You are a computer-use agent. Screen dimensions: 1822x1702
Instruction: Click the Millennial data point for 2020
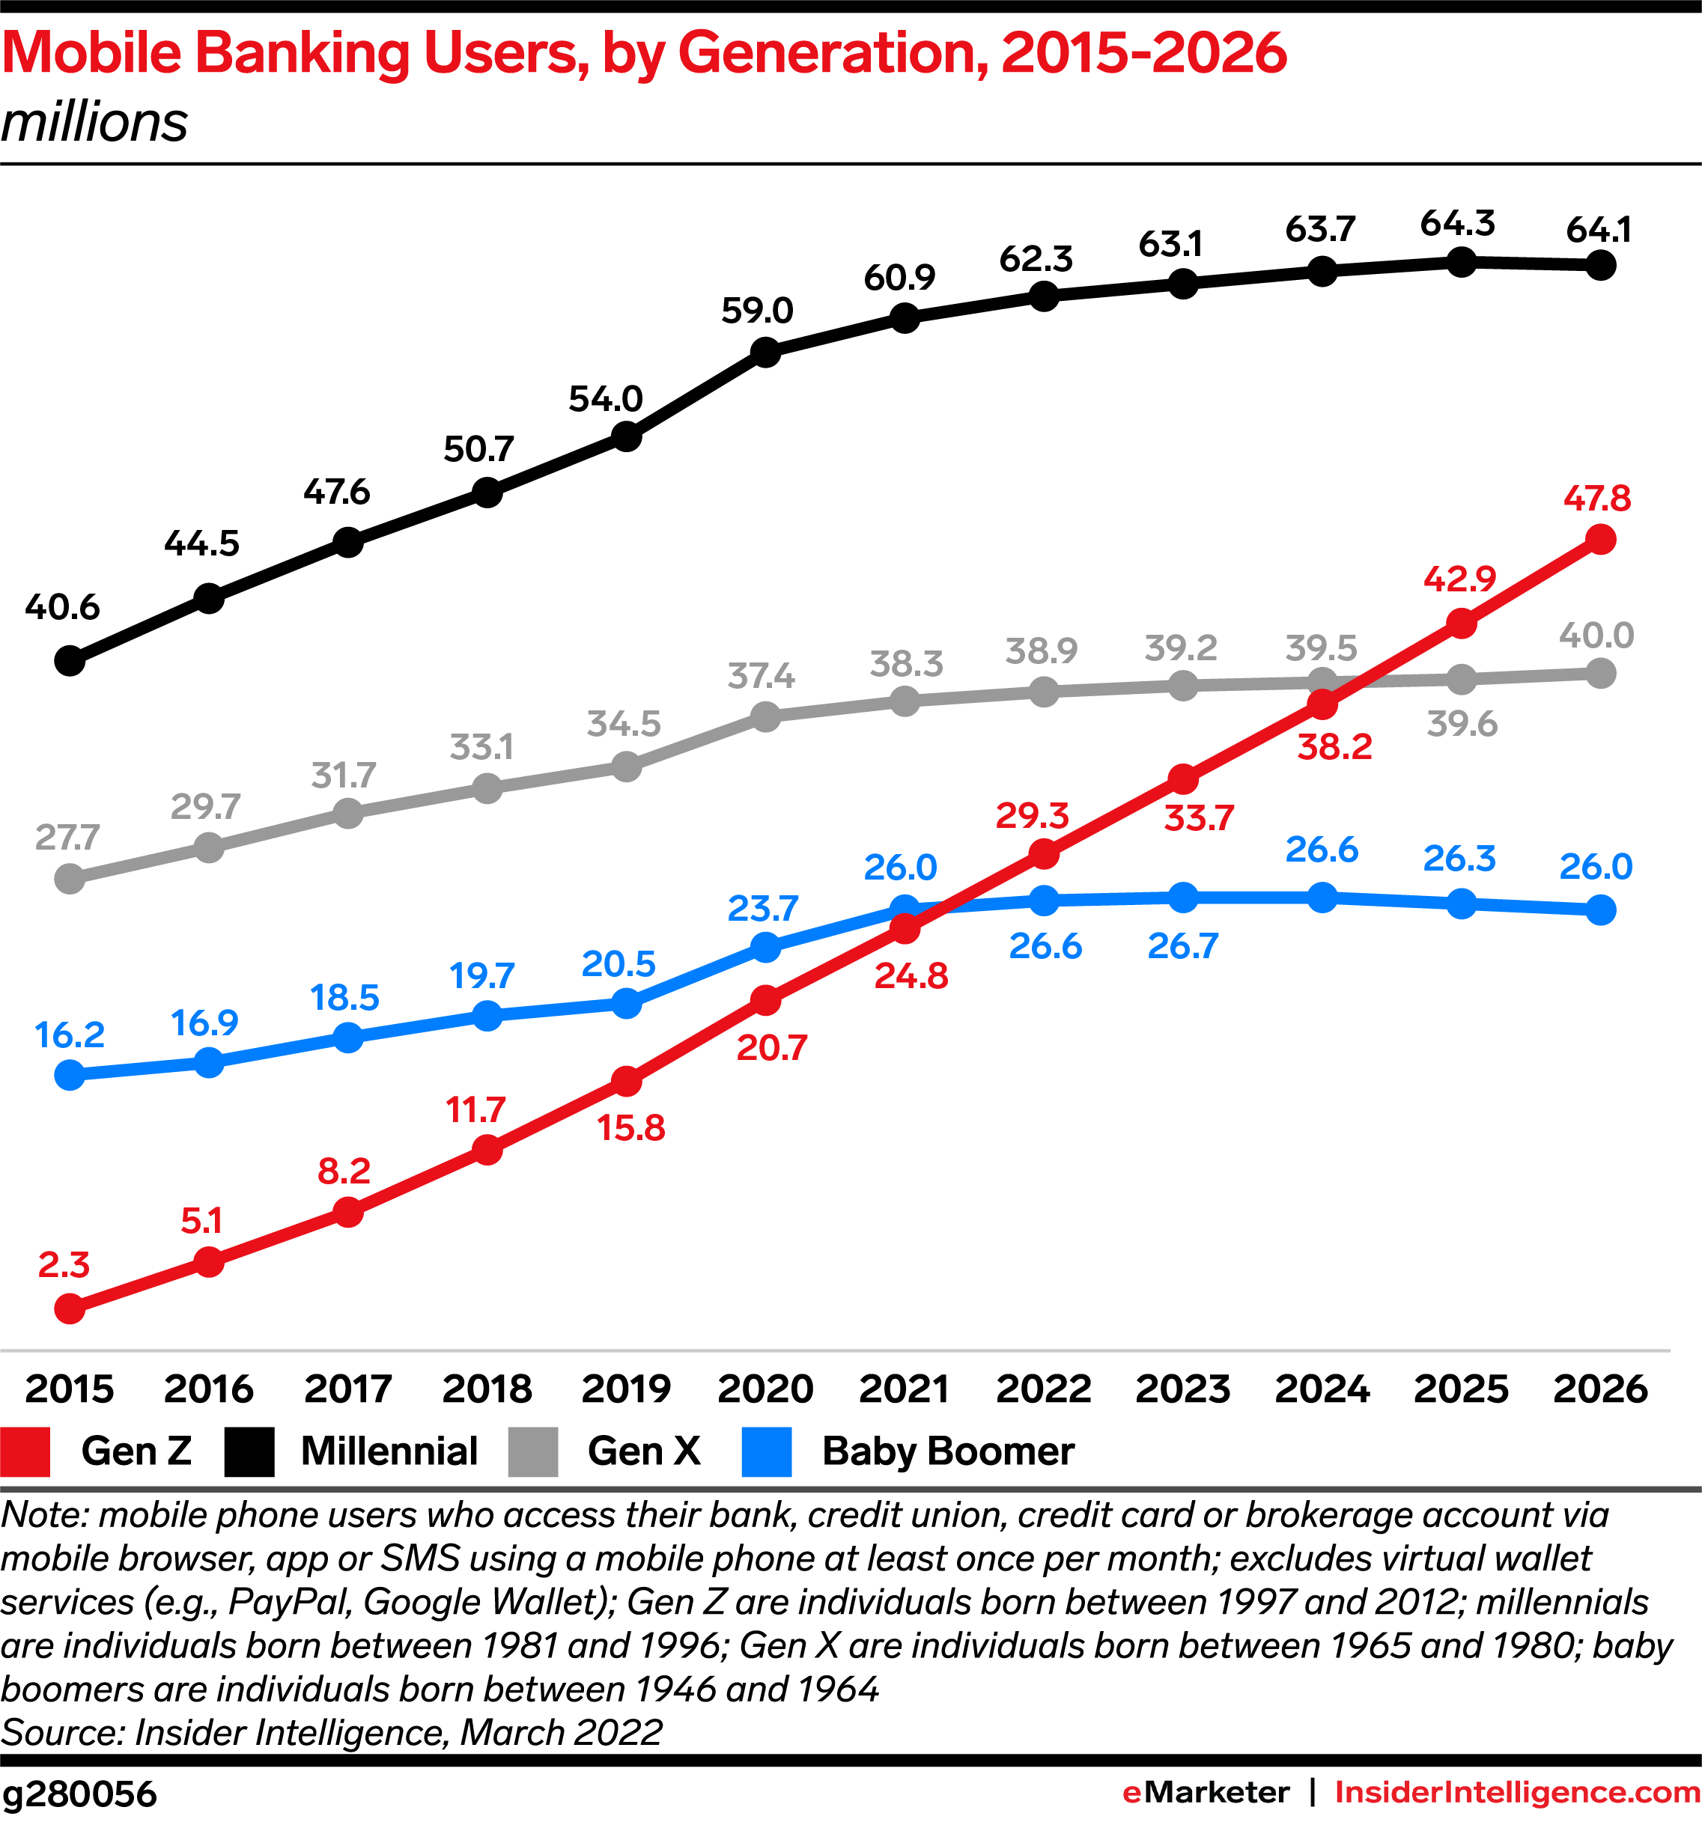click(765, 352)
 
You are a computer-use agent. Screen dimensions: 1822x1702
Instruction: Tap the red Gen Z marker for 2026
click(1600, 539)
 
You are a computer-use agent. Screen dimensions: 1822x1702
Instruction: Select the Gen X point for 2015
click(70, 879)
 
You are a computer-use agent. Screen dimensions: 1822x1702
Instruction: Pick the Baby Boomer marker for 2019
click(626, 1004)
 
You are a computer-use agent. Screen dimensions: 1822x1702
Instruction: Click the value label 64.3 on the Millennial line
click(1457, 223)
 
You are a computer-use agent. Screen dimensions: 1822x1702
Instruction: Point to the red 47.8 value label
click(1596, 498)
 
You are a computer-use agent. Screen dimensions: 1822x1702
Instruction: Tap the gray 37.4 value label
click(761, 677)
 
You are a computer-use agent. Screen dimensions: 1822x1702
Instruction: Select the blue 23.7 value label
click(762, 908)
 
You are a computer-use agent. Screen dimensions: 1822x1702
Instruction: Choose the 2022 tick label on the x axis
click(1043, 1389)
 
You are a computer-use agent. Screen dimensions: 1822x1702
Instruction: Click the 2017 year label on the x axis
click(347, 1389)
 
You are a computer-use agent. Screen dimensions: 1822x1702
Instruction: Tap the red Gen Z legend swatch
click(25, 1451)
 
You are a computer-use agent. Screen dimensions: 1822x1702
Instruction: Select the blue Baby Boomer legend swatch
click(766, 1451)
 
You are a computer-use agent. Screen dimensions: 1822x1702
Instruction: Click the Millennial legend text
click(389, 1451)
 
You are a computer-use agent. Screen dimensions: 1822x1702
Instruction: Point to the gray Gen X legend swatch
click(532, 1451)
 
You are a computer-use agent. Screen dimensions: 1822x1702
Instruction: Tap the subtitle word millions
click(94, 122)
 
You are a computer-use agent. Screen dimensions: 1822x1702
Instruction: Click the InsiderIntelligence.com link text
click(1517, 1793)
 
